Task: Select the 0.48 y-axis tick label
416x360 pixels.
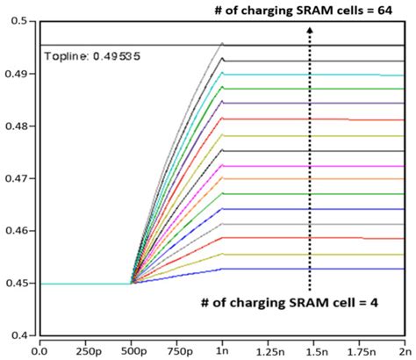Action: click(17, 126)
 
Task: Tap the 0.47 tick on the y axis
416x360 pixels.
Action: click(17, 178)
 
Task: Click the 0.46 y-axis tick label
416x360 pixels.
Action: click(17, 231)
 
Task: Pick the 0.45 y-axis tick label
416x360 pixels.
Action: click(17, 284)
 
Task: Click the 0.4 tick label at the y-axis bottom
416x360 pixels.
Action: click(20, 335)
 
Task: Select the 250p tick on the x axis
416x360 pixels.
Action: click(85, 349)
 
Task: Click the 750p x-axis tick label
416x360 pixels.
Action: click(177, 349)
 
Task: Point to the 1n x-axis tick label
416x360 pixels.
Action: click(223, 349)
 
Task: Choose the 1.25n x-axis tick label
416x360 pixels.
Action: click(267, 349)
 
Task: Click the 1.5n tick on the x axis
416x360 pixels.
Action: click(313, 349)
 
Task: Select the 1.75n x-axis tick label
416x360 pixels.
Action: click(358, 349)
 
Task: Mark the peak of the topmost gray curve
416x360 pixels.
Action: click(223, 43)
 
